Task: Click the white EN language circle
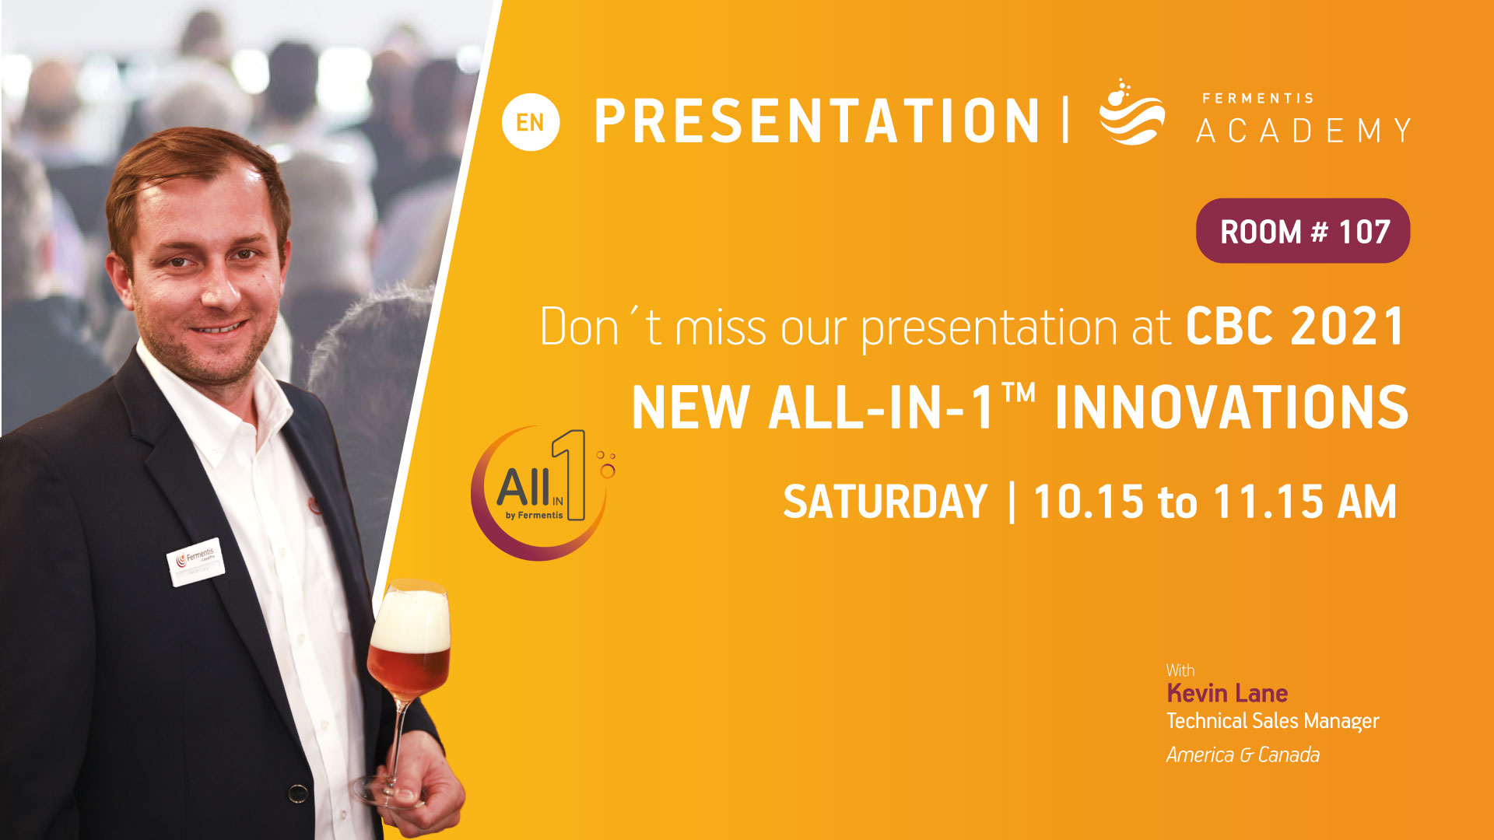point(531,122)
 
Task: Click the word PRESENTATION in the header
point(817,122)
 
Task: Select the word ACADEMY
point(1304,131)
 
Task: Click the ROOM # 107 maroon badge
point(1303,231)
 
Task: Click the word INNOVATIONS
point(1231,408)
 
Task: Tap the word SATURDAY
point(885,502)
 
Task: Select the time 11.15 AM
point(1305,502)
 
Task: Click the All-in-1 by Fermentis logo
point(542,493)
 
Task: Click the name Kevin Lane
point(1227,693)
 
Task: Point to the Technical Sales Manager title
point(1272,722)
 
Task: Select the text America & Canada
point(1243,754)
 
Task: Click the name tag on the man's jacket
point(195,561)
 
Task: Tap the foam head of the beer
point(410,620)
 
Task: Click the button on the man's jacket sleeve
point(297,793)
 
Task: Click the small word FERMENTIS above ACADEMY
point(1257,99)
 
